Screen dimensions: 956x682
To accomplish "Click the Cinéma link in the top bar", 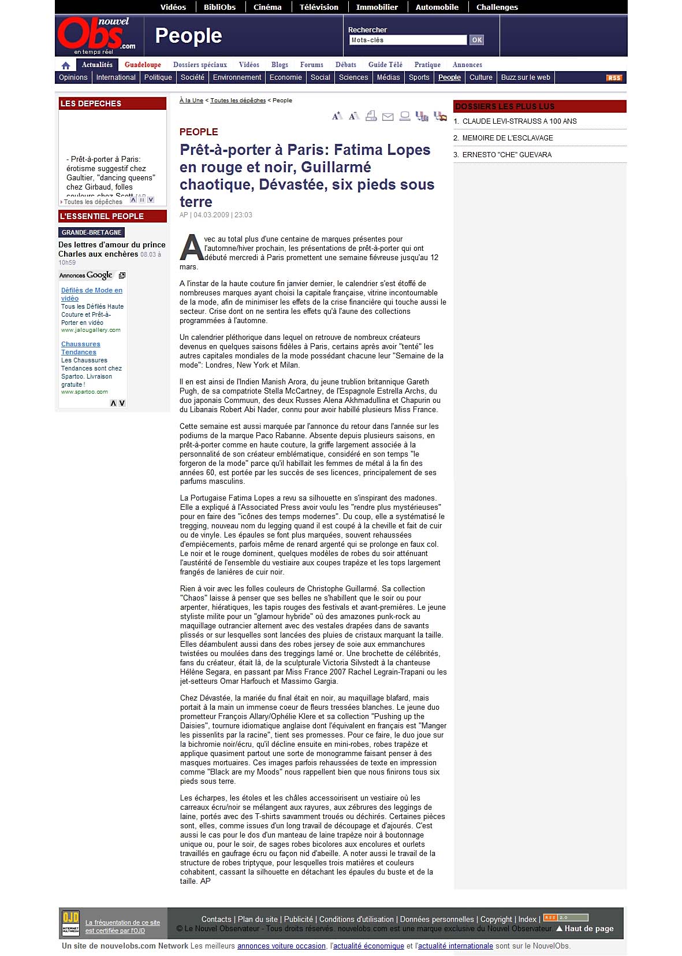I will click(267, 7).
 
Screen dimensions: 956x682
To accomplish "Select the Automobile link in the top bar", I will click(437, 7).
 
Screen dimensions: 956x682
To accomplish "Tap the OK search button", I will click(476, 40).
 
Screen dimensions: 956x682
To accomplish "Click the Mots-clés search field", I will click(408, 40).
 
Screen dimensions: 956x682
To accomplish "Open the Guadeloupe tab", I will click(143, 65).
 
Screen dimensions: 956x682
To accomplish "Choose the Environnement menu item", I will click(237, 77).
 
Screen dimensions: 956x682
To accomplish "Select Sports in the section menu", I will click(419, 77).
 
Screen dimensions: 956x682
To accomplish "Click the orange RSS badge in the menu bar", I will click(614, 78).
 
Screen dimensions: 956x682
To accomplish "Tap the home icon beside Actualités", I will click(66, 65).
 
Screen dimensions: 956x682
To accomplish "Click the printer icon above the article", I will click(371, 116).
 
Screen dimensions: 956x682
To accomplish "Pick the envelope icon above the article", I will click(388, 117).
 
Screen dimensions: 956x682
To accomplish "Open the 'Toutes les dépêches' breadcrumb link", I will click(238, 101).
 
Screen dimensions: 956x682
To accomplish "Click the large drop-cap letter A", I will click(191, 247).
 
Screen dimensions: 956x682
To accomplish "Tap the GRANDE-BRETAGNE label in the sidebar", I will click(91, 232).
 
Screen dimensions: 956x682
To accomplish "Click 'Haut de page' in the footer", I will click(588, 928).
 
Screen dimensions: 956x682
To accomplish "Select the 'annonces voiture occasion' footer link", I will click(281, 946).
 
